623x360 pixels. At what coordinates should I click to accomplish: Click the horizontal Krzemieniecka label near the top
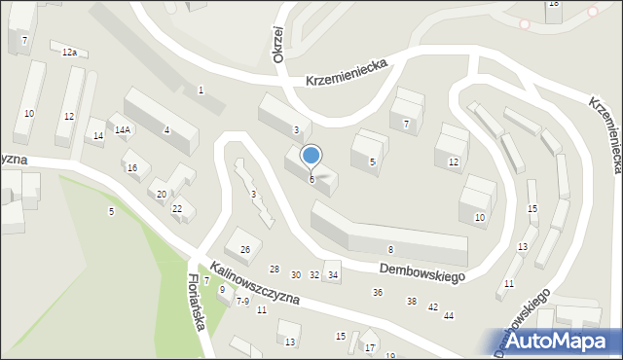point(346,70)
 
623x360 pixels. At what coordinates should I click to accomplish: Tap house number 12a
point(69,51)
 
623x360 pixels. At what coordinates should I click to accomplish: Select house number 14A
point(123,129)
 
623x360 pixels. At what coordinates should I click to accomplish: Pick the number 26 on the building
point(245,250)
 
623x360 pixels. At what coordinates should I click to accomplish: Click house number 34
point(333,274)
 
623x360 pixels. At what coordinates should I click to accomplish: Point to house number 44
point(449,315)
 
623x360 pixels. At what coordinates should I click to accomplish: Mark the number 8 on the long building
point(390,250)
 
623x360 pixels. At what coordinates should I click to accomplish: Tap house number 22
point(177,208)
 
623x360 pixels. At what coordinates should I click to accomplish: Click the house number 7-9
point(242,302)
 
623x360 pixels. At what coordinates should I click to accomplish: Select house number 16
point(132,167)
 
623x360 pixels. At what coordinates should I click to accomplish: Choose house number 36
point(378,293)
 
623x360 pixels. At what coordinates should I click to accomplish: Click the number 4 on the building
point(166,129)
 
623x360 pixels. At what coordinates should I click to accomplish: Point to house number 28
point(275,269)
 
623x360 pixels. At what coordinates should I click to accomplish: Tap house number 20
point(162,195)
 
